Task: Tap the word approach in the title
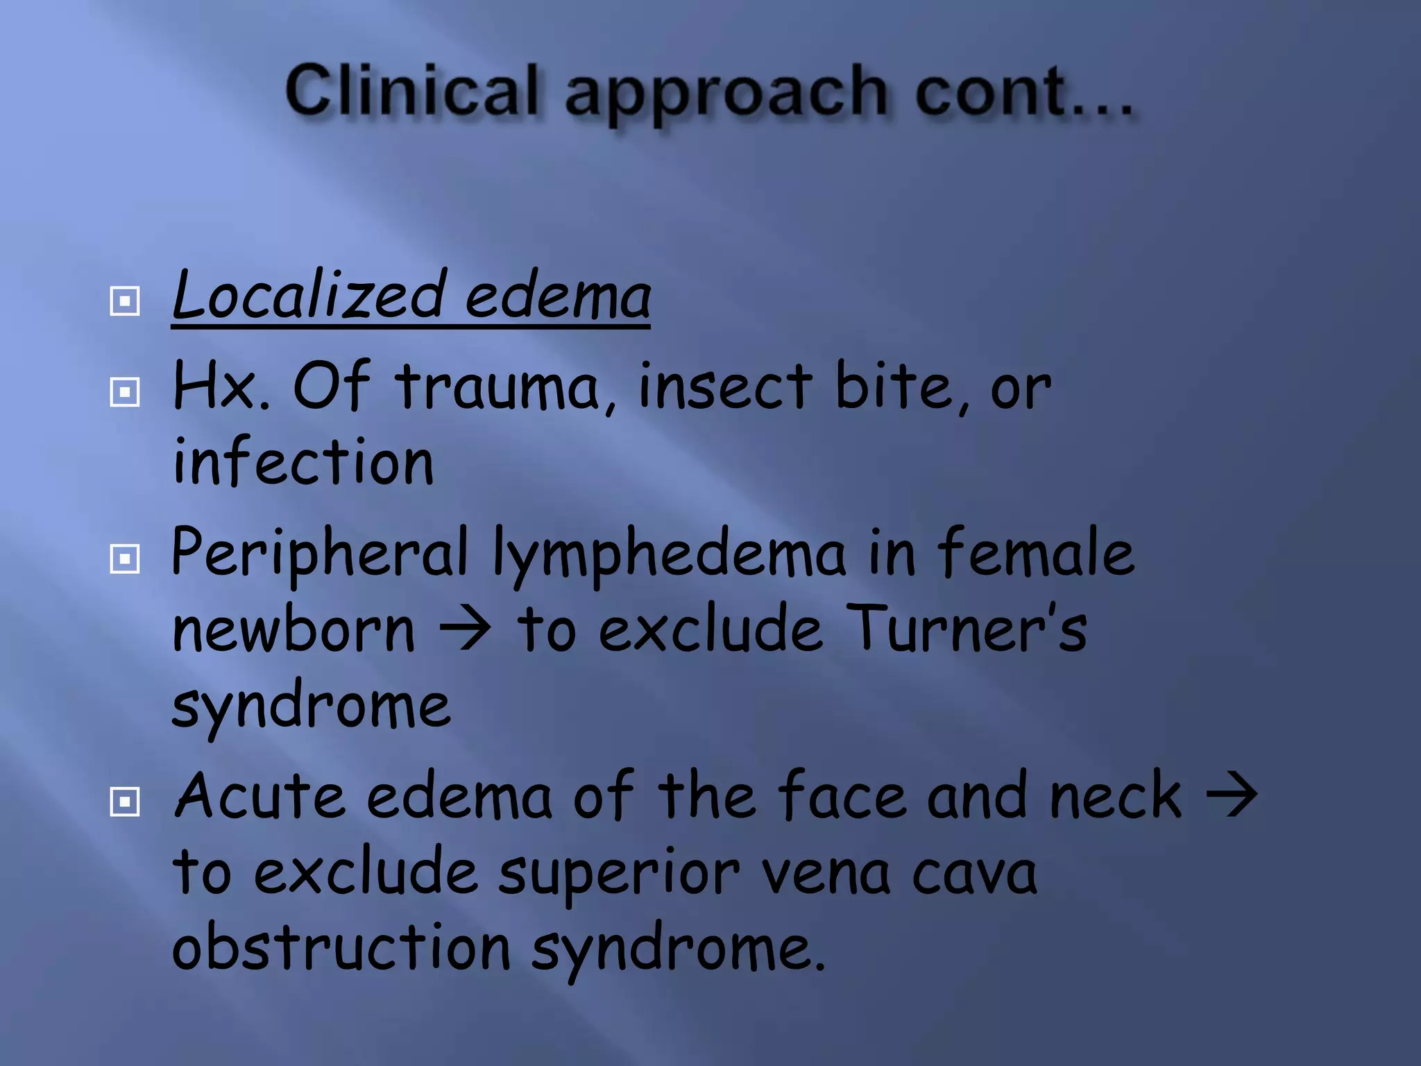pos(726,94)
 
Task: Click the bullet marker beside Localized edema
pos(125,301)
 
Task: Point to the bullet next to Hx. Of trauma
pos(125,392)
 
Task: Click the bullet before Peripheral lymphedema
pos(125,558)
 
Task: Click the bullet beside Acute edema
pos(125,802)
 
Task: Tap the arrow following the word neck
pos(1232,795)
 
